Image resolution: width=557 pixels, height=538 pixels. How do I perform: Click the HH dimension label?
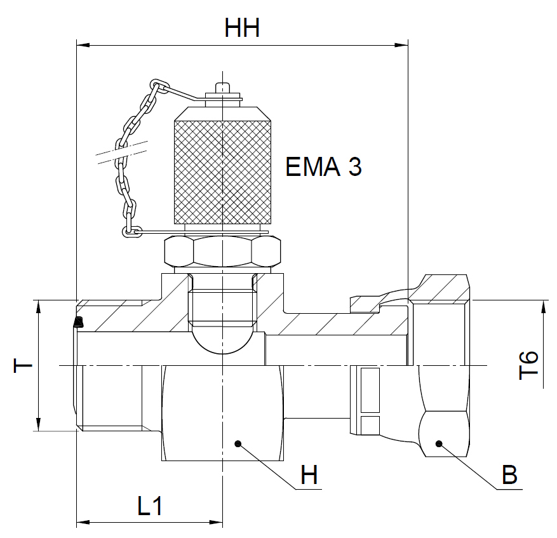(x=242, y=28)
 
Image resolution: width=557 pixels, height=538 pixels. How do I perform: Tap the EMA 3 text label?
(x=323, y=166)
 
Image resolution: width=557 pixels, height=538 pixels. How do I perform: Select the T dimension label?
(x=23, y=366)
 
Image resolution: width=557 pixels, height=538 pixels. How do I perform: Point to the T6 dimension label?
(x=528, y=365)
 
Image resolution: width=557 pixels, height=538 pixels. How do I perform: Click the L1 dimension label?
(x=149, y=506)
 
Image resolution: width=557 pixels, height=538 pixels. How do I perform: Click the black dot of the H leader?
(x=238, y=443)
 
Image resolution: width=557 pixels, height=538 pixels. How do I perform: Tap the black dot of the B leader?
(x=439, y=443)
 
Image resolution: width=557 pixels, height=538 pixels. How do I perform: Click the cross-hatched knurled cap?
(x=223, y=172)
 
